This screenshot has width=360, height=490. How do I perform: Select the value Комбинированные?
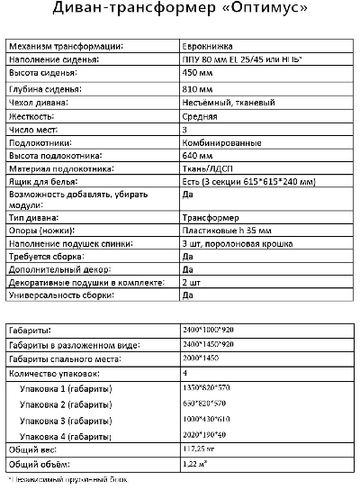point(218,142)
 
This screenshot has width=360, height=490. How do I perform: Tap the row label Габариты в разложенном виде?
point(66,345)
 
